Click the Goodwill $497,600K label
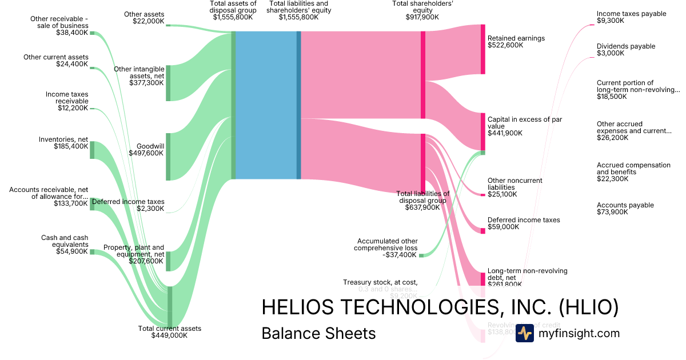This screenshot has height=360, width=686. point(150,150)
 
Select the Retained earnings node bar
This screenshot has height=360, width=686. point(482,49)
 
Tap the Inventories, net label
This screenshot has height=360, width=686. point(63,143)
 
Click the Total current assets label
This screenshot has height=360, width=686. point(169,332)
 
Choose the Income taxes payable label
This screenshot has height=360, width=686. point(623,17)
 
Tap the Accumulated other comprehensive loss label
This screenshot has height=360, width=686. point(387,248)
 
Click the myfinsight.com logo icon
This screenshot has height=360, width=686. point(524,333)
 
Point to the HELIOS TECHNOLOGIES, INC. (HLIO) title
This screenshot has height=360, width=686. point(440,307)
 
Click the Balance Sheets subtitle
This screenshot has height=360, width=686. point(318,333)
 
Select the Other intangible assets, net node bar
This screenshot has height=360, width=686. point(168,83)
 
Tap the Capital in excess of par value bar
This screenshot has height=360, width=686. point(482,131)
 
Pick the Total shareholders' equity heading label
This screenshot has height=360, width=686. point(416,10)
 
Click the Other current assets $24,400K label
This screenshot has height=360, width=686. point(56,61)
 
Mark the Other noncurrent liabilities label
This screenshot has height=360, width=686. point(514,187)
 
